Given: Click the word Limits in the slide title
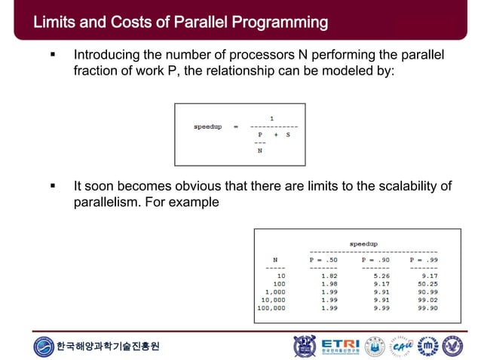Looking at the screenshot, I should pos(53,23).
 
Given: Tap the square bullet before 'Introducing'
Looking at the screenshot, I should pos(52,56).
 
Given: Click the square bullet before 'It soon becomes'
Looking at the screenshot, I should pos(52,186).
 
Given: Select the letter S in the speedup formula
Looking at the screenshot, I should pos(288,133).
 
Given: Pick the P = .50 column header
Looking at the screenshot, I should pos(323,260).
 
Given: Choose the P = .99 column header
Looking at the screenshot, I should pos(423,260).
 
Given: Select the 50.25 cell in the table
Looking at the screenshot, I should pos(427,284).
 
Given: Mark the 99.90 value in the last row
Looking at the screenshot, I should pos(427,308).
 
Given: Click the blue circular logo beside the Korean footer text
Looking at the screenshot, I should pos(44,346).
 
